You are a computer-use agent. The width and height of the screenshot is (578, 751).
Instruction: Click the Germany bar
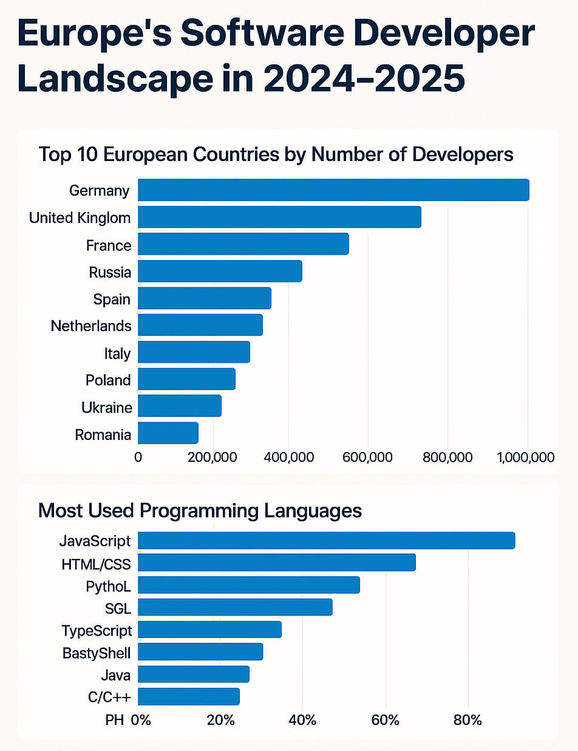tap(333, 190)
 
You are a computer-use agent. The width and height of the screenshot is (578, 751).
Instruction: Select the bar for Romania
tap(168, 433)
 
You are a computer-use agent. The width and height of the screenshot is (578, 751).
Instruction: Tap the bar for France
tap(243, 244)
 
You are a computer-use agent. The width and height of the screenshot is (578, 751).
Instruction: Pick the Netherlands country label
tap(91, 326)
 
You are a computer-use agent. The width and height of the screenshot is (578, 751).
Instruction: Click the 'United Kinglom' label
tap(80, 218)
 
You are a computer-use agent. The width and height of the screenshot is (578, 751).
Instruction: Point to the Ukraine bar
tap(180, 406)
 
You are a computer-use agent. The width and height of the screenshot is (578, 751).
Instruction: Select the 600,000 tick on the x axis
tap(367, 457)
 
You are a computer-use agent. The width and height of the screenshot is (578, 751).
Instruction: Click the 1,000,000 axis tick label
tap(526, 457)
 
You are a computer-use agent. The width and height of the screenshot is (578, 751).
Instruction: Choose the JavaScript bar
tap(327, 541)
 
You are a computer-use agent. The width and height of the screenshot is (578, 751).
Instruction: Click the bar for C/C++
tap(189, 696)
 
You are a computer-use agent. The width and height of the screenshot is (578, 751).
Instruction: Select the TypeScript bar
tap(209, 629)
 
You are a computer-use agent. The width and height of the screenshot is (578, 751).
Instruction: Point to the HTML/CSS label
tap(96, 564)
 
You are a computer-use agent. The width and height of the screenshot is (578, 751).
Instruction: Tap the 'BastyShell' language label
tap(97, 653)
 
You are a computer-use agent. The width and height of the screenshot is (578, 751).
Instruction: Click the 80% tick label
tap(467, 721)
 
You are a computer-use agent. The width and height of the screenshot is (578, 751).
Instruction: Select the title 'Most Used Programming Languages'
tap(200, 510)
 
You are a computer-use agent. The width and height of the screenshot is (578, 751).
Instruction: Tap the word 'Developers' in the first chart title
tap(463, 154)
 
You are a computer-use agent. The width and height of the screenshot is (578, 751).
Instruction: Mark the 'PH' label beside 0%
tap(114, 721)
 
